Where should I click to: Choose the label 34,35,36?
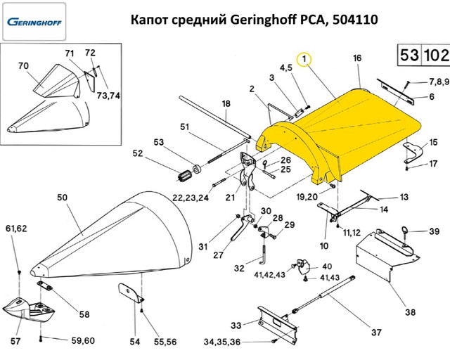(222, 342)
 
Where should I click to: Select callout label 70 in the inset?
(22, 66)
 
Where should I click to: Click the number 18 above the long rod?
(226, 104)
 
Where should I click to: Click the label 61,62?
(17, 229)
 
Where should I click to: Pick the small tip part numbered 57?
(32, 309)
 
